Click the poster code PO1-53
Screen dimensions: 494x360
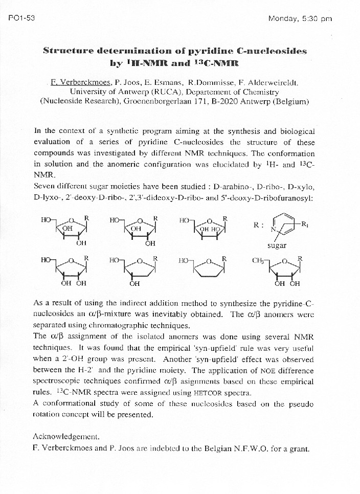tap(21, 18)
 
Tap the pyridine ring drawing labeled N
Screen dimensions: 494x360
tap(281, 226)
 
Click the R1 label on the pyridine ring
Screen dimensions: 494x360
tap(305, 223)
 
